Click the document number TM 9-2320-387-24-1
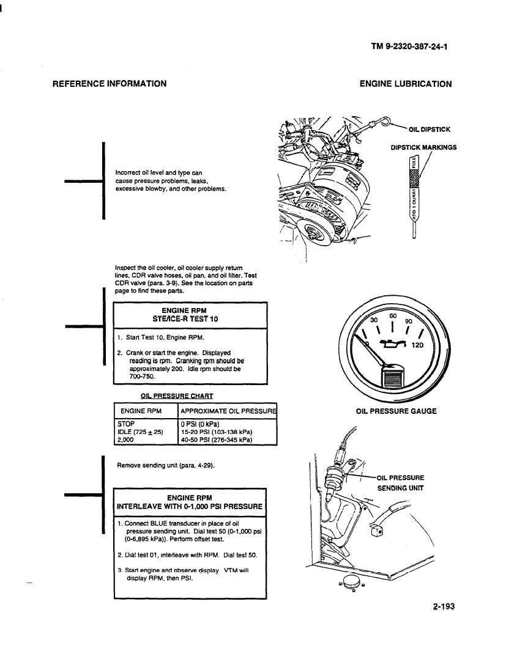tap(409, 45)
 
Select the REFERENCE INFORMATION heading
tap(110, 84)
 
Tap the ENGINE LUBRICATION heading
tap(406, 84)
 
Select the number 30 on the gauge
tap(375, 320)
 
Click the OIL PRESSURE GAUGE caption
tap(396, 411)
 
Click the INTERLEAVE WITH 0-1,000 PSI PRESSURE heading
tap(190, 506)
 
